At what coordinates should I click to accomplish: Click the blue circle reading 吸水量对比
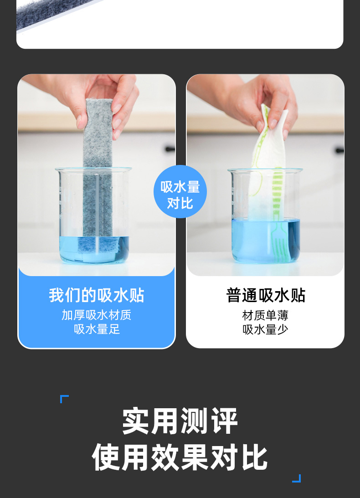[180, 191]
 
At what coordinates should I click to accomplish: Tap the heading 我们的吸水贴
[97, 295]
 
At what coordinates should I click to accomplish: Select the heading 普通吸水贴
[266, 295]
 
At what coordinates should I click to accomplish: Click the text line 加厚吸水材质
[96, 315]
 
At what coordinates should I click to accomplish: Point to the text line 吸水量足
[97, 329]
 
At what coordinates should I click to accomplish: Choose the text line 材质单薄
[265, 315]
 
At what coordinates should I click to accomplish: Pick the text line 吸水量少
[265, 329]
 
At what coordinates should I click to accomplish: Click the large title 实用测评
[180, 421]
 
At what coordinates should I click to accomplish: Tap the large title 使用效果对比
[180, 457]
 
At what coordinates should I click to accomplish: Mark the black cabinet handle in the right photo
[340, 150]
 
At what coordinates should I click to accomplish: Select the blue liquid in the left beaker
[94, 249]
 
